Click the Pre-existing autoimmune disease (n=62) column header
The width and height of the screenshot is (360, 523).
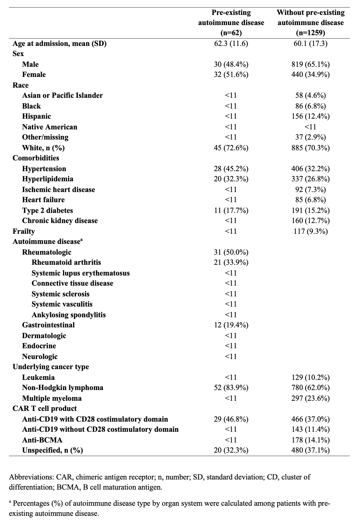point(231,23)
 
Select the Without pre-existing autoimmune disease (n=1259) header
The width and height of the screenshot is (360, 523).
point(311,23)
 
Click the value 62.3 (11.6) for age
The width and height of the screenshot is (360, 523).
point(231,44)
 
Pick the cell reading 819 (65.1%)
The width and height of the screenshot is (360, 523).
point(311,64)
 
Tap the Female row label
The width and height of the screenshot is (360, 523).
point(34,75)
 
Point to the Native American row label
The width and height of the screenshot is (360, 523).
point(49,127)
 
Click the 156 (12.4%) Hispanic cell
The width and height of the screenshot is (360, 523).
point(311,116)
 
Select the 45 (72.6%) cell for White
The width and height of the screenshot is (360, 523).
point(231,148)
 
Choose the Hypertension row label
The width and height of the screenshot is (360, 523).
point(44,169)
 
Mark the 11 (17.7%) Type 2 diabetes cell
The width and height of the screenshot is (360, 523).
point(231,211)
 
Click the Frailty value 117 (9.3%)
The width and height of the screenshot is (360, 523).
point(311,231)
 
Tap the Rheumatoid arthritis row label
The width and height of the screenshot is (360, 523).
point(66,262)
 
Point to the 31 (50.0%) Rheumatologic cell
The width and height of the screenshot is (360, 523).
point(231,252)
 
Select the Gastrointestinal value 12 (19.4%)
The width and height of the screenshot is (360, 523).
point(231,325)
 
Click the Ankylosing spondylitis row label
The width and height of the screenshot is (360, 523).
point(69,315)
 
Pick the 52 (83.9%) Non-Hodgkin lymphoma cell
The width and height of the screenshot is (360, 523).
point(231,388)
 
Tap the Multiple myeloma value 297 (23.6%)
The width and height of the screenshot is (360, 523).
point(311,398)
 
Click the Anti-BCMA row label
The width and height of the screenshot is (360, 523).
point(42,440)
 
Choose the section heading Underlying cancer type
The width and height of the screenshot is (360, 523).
point(51,367)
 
